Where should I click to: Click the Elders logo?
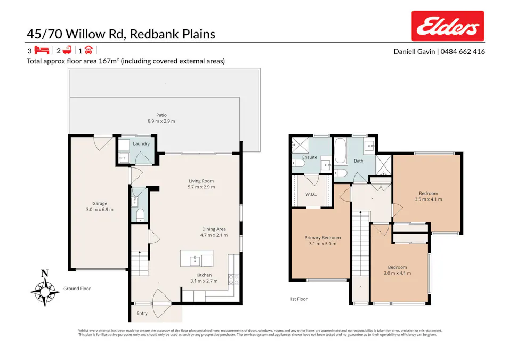click(448, 26)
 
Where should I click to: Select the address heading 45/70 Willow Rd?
click(121, 34)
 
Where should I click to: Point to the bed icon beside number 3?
click(42, 51)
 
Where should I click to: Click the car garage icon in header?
click(88, 51)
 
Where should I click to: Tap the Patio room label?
click(161, 115)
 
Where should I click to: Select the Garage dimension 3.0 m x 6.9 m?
click(100, 209)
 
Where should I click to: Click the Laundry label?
click(141, 143)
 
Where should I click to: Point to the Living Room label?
click(201, 181)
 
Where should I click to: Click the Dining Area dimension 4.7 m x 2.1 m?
click(214, 235)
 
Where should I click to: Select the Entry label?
click(142, 313)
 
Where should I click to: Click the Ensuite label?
click(310, 157)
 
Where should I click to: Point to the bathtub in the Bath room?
click(340, 152)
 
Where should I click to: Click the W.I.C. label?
click(311, 194)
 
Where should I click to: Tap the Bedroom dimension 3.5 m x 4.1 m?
click(428, 199)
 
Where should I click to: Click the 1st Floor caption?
click(298, 299)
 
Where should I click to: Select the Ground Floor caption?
click(77, 289)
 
